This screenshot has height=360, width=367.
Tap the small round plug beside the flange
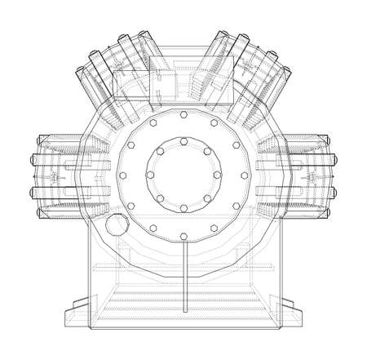click(117, 224)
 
